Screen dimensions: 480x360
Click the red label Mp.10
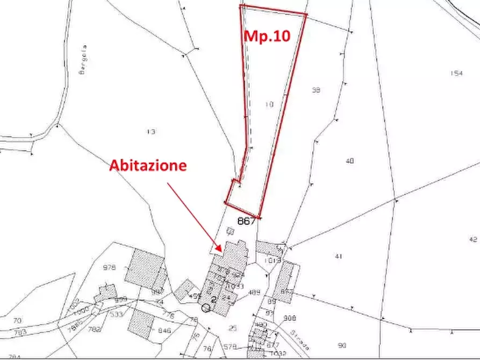267,36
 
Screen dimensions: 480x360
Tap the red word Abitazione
148,165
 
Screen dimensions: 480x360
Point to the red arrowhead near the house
220,248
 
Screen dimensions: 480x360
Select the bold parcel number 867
246,221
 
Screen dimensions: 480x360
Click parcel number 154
456,74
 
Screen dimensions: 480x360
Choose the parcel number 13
151,131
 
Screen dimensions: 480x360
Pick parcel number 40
350,161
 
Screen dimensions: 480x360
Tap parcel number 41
338,256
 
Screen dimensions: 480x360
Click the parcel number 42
473,239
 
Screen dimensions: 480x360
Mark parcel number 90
342,345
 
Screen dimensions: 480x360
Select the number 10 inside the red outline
270,104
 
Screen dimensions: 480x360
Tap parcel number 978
110,267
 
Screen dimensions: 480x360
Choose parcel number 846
164,331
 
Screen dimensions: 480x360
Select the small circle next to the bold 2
205,308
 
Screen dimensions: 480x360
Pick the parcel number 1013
273,261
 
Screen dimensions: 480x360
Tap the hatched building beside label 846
141,324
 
